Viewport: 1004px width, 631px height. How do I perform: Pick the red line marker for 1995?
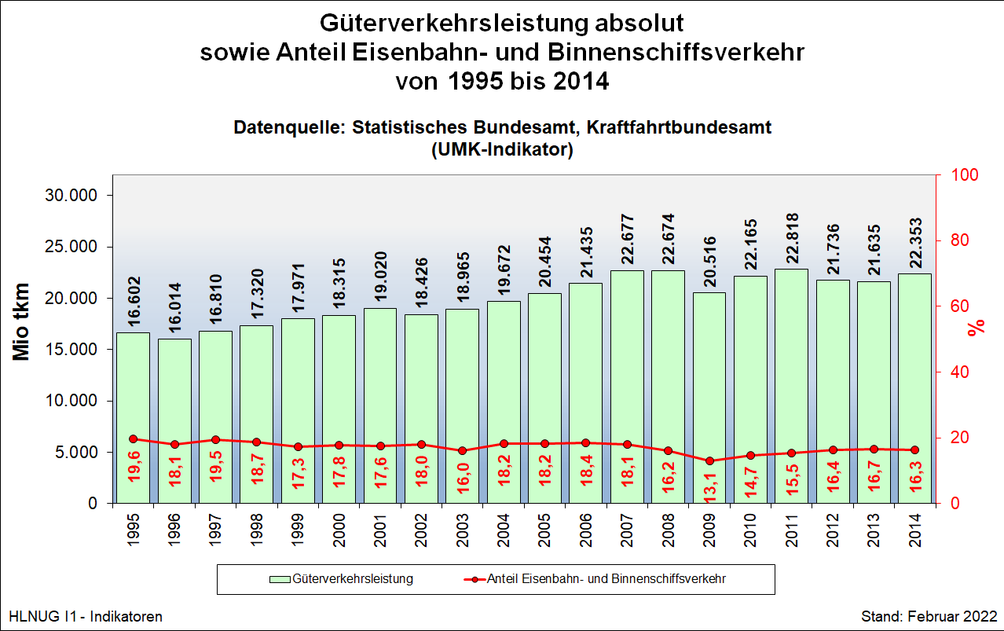pos(134,439)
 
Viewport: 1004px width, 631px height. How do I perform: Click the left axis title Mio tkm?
pos(22,322)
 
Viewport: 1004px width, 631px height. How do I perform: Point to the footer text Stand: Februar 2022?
pos(929,617)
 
